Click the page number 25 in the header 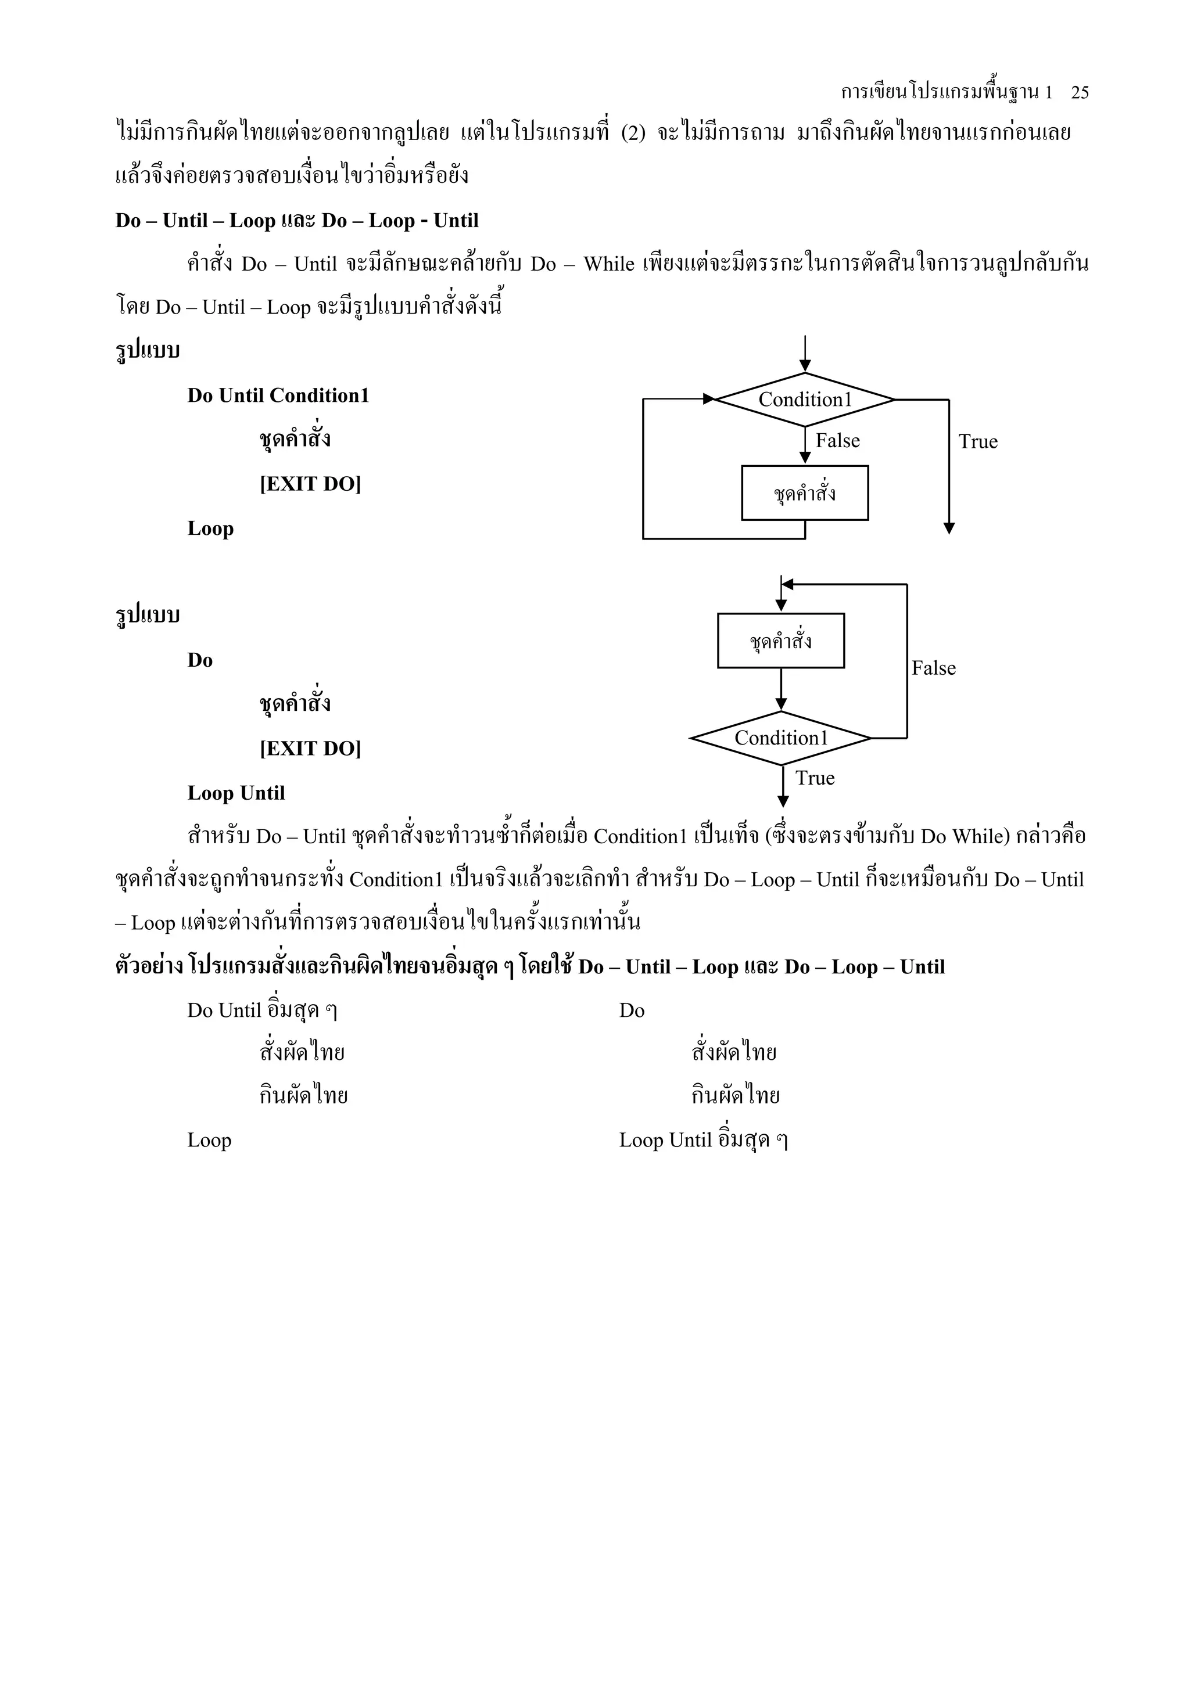click(x=1079, y=92)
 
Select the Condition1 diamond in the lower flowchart click(x=781, y=738)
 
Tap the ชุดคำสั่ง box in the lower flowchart click(x=781, y=641)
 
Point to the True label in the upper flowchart click(x=977, y=441)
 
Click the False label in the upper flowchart click(x=837, y=441)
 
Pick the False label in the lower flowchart click(x=933, y=668)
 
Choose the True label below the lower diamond click(x=815, y=778)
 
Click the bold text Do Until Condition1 click(x=278, y=396)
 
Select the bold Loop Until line click(x=236, y=793)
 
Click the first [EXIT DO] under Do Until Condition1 click(x=310, y=484)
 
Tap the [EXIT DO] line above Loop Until click(x=310, y=749)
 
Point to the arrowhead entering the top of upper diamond click(x=805, y=366)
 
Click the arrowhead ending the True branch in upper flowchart click(x=949, y=528)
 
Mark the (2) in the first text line click(x=633, y=134)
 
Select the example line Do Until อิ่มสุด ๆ click(x=261, y=1011)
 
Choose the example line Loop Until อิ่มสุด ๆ click(x=703, y=1141)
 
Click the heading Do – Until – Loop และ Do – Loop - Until click(x=297, y=221)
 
